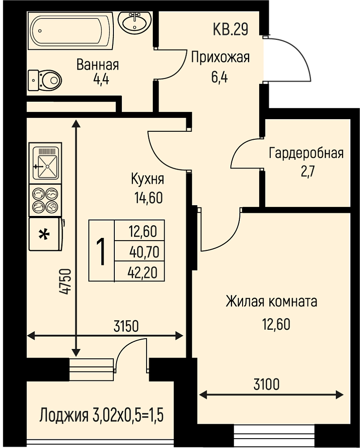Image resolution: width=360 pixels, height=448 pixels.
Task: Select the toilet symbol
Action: coord(45,79)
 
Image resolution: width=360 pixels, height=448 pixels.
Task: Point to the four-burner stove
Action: coord(45,200)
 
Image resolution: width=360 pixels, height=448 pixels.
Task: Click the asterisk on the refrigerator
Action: coord(44,234)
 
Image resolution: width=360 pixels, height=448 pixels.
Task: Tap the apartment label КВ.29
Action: coord(230,29)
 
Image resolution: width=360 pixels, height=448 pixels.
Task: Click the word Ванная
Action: coord(97,65)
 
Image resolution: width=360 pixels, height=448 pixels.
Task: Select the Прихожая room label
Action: coord(220,57)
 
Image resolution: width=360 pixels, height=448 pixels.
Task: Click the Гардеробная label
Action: coord(306,154)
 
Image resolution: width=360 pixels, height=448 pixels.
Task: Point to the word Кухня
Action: coord(147,179)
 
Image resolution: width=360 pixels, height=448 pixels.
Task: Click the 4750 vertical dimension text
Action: coord(65,281)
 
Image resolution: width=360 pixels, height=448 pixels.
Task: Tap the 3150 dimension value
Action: coord(126,326)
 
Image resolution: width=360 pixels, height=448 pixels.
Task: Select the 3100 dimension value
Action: coord(266,384)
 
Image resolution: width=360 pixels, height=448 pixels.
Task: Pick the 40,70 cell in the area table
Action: coord(144,252)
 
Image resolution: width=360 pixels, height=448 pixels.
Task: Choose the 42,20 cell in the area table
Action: coord(143,272)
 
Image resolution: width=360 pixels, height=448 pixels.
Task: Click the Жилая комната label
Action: coord(271,302)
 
